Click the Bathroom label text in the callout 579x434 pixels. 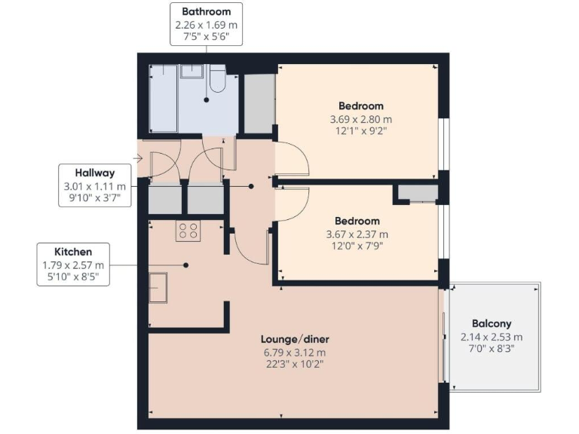click(x=206, y=12)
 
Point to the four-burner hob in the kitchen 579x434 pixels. click(x=187, y=231)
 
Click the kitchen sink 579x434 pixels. click(x=159, y=286)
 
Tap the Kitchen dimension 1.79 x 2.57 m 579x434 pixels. click(x=73, y=264)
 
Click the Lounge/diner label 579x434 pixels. click(x=295, y=339)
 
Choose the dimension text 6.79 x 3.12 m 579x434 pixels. click(x=295, y=352)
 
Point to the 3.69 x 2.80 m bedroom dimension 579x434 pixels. click(x=360, y=119)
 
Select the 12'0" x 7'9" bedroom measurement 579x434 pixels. click(x=357, y=246)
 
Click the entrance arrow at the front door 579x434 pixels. click(x=137, y=157)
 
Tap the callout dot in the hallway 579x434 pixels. click(x=251, y=185)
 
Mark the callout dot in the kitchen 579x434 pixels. click(x=185, y=264)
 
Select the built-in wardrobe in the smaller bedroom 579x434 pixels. click(x=418, y=193)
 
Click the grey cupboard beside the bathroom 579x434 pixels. click(x=258, y=103)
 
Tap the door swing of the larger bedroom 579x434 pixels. click(x=293, y=159)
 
